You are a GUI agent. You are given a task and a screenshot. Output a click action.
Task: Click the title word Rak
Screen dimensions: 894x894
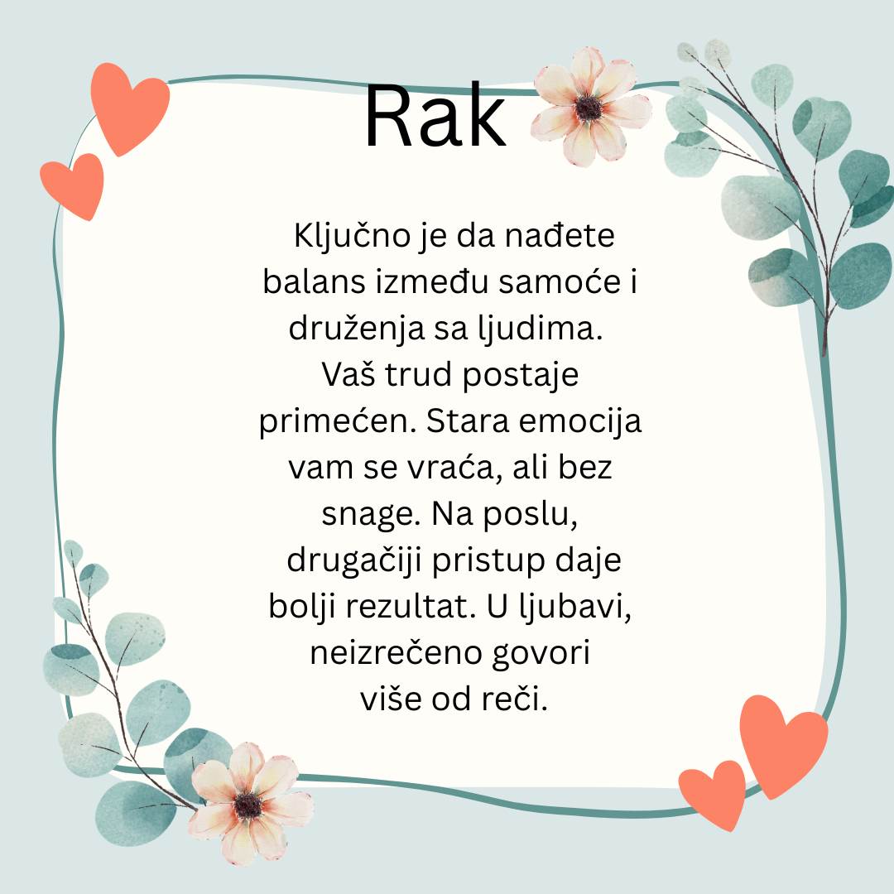click(435, 118)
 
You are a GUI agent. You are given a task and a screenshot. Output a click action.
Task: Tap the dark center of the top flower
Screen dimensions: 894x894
click(589, 108)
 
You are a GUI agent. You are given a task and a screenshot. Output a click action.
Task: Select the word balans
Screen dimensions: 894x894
click(300, 282)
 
